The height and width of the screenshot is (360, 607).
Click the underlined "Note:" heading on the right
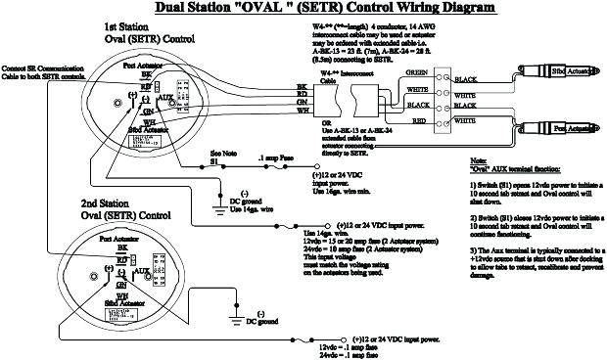pyautogui.click(x=479, y=157)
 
